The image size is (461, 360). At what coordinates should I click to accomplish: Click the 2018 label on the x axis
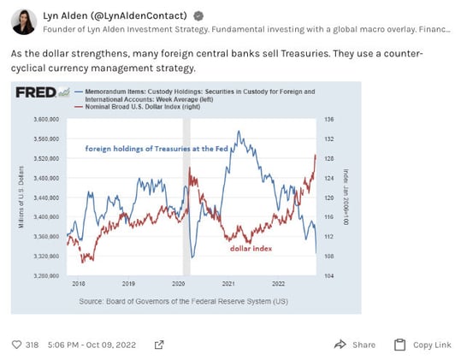tap(78, 283)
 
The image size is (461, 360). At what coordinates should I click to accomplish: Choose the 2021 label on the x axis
tap(228, 283)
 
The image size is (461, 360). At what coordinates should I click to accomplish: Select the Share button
tap(355, 345)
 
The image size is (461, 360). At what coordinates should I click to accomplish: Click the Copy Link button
tap(423, 345)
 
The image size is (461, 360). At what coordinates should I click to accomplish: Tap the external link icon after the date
tap(158, 345)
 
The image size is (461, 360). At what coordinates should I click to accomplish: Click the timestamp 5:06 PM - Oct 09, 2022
tap(93, 345)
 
